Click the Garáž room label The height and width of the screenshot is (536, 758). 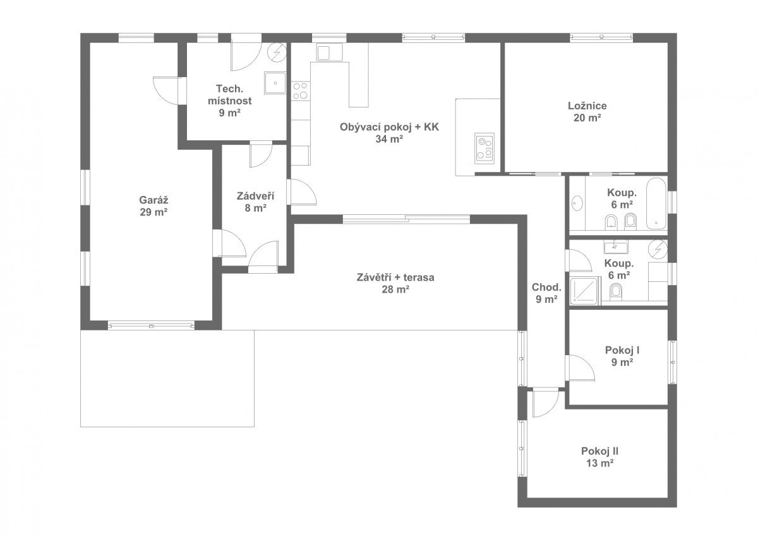(x=153, y=200)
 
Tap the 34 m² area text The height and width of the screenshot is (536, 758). (x=389, y=139)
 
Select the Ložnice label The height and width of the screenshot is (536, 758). (x=587, y=106)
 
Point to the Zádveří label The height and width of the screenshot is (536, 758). (x=255, y=196)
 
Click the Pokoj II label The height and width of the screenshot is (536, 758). (x=599, y=451)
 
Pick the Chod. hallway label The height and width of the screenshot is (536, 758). (x=546, y=287)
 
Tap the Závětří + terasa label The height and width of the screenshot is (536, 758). (x=395, y=277)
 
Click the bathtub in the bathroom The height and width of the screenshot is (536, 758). (x=656, y=203)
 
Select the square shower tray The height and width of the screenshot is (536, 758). (x=585, y=291)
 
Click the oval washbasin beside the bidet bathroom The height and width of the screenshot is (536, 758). (x=577, y=204)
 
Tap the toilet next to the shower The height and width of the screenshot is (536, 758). (x=617, y=291)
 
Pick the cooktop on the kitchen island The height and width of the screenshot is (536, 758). (x=484, y=149)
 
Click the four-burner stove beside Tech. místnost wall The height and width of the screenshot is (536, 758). (x=300, y=91)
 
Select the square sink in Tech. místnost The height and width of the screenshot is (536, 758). (x=275, y=83)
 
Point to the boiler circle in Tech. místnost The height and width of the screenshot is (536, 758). (x=277, y=52)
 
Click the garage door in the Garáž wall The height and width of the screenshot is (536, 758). (x=151, y=326)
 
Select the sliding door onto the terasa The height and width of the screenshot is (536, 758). (x=406, y=219)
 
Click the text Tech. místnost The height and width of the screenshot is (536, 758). (x=230, y=94)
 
